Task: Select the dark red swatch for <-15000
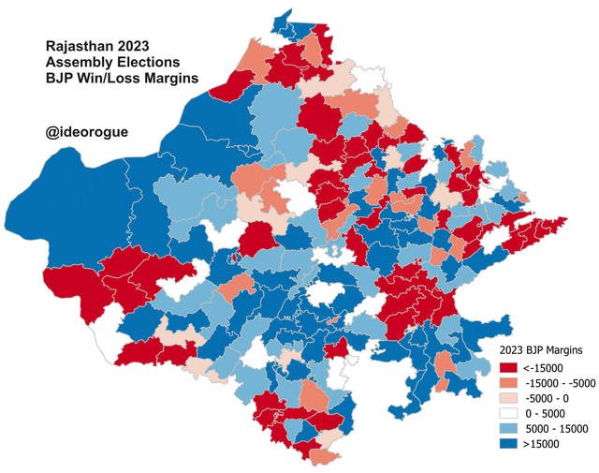coord(510,368)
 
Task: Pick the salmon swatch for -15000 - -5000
coord(510,383)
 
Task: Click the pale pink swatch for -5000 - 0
coord(510,398)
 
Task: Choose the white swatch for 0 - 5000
coord(510,413)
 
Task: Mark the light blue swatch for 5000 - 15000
coord(510,428)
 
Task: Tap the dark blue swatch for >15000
coord(510,443)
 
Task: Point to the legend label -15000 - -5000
coord(559,383)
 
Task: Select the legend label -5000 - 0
coord(548,398)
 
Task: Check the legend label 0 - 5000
coord(547,413)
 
